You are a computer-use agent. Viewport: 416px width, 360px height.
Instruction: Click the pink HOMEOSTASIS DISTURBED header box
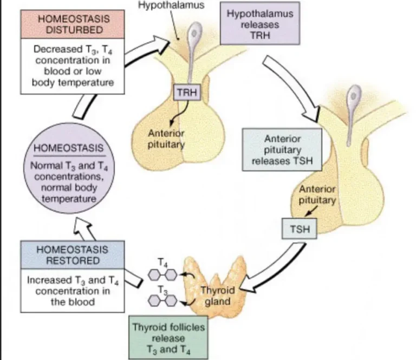(73, 24)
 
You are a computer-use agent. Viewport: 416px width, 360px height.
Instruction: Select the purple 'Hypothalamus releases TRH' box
(260, 23)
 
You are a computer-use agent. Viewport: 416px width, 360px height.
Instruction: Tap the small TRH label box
(187, 93)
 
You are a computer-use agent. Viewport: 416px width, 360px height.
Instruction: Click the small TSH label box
(300, 228)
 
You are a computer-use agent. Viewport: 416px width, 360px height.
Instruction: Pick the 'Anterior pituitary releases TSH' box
(282, 150)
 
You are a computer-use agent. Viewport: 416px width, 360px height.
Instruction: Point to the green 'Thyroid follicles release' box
(168, 337)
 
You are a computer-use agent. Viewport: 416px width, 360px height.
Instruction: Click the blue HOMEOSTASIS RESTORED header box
(73, 255)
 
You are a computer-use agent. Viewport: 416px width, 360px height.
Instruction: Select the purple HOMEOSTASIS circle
(69, 168)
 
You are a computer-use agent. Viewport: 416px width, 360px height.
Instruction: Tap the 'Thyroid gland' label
(218, 296)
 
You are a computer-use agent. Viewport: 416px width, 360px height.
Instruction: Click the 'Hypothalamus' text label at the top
(171, 5)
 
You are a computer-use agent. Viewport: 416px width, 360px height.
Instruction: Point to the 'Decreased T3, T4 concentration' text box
(73, 66)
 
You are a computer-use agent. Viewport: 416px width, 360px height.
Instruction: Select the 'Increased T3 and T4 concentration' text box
(73, 291)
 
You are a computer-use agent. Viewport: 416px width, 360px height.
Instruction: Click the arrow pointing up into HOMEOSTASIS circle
(84, 228)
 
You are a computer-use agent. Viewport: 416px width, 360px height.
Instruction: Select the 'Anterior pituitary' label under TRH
(166, 139)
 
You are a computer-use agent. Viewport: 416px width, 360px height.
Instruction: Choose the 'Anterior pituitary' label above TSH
(317, 194)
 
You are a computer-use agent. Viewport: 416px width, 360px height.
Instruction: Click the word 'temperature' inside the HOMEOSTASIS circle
(69, 199)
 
